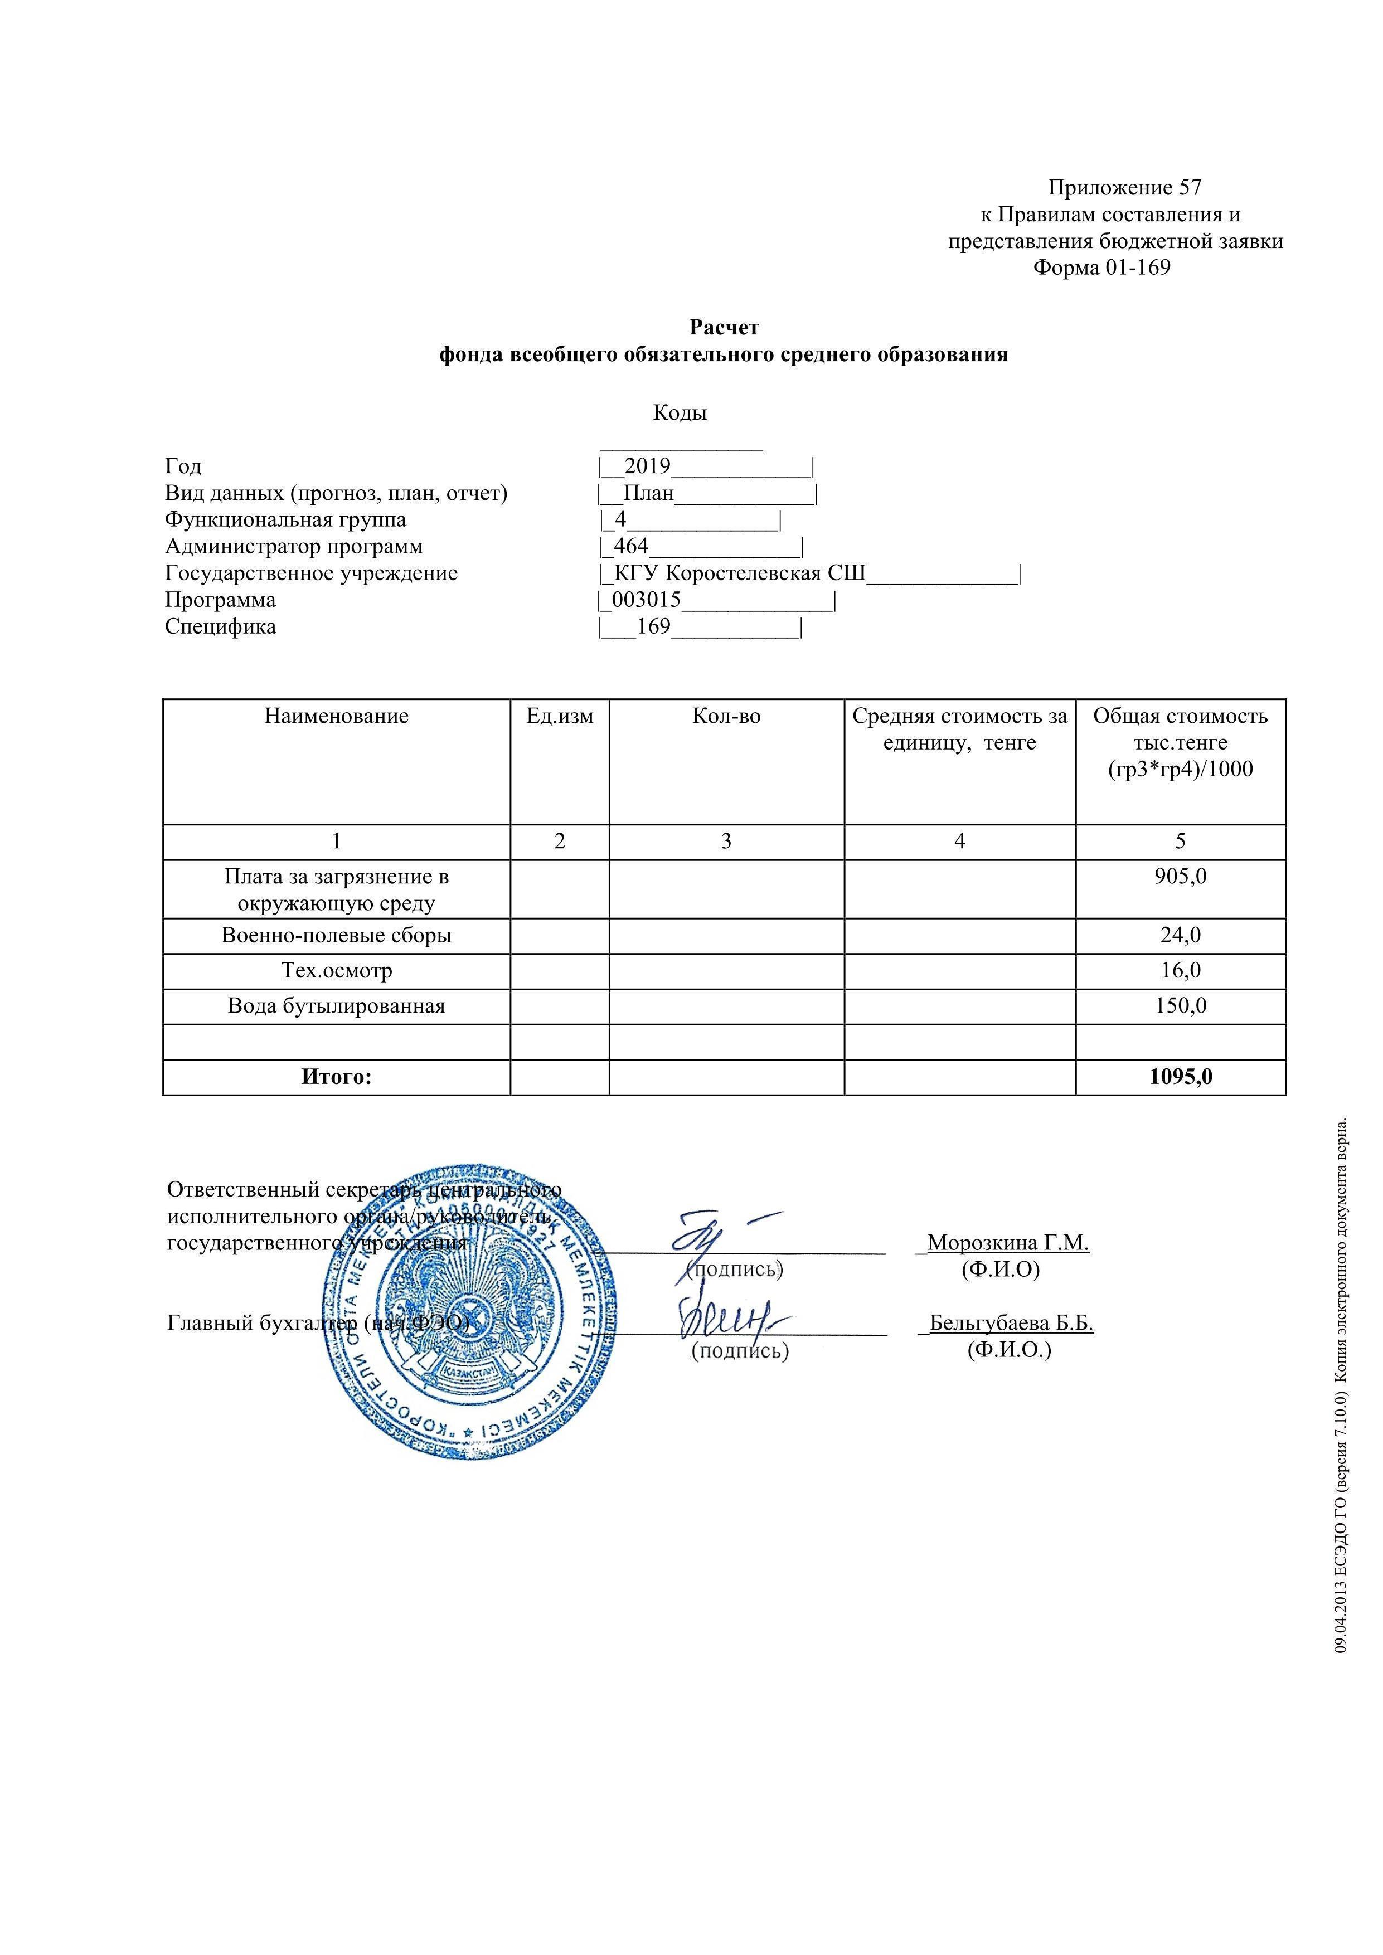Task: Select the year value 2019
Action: tap(647, 466)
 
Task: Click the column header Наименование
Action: tap(336, 716)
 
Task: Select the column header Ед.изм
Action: tap(560, 716)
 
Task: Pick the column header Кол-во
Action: tap(726, 716)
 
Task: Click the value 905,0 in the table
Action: tap(1180, 876)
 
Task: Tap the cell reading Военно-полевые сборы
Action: tap(336, 935)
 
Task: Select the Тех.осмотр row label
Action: tap(336, 971)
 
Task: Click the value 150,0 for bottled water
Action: tap(1180, 1005)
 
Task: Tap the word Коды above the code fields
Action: tap(680, 413)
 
